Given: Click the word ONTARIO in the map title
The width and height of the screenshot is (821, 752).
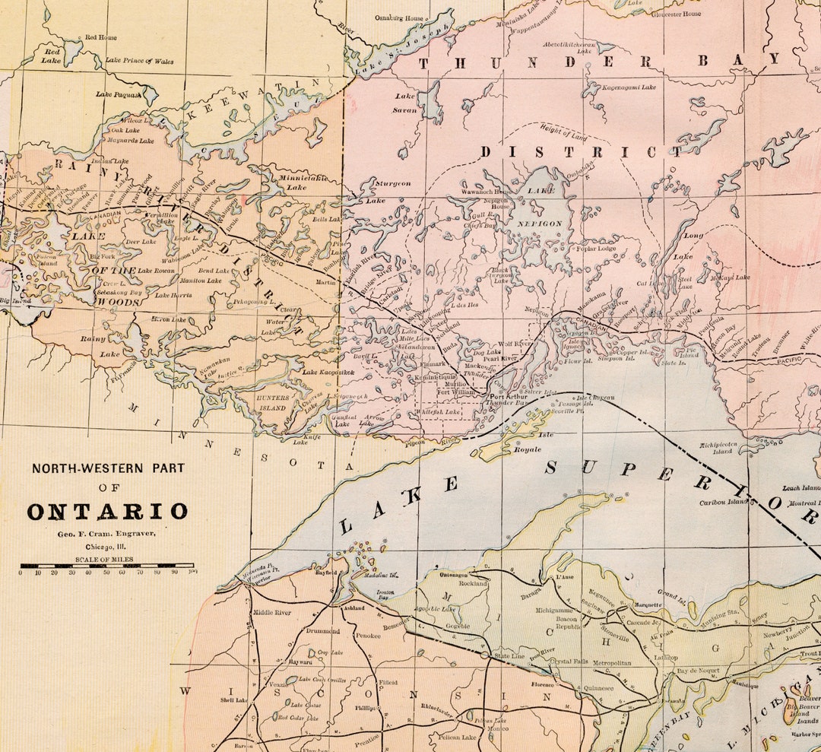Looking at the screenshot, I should pos(107,511).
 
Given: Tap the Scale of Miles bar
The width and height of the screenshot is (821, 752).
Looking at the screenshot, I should pos(107,566).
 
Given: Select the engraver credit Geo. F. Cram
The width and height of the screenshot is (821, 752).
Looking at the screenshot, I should pos(106,534).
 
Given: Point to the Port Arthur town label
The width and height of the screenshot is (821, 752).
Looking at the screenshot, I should pos(508,395).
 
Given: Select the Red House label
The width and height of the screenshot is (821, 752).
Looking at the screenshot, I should pos(100,36).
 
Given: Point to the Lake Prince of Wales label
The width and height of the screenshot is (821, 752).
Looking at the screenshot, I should pos(139,61).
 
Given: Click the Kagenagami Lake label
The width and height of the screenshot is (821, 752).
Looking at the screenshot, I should pos(629,87).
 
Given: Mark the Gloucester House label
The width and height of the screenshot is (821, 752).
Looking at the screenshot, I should pos(677,14).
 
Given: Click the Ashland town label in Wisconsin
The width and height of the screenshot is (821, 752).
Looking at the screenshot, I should pos(353,608).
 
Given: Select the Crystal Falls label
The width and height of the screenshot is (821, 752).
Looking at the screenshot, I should pos(569,662).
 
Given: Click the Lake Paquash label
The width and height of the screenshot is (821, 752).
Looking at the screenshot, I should pos(118,95).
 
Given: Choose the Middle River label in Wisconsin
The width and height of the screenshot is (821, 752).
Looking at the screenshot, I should pos(271,612).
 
